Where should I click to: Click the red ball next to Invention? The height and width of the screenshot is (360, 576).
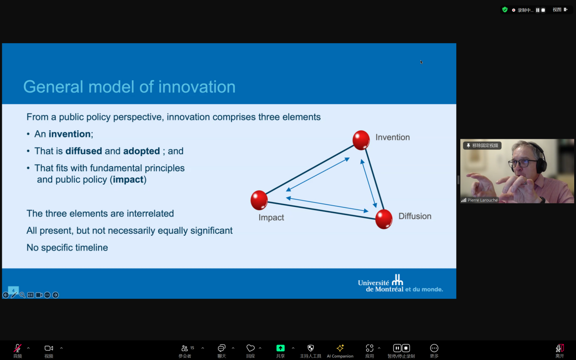point(361,140)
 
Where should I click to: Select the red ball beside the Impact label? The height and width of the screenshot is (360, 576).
point(259,200)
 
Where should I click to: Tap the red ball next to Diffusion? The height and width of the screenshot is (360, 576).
point(384,219)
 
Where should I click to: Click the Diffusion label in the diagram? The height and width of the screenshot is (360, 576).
point(415,216)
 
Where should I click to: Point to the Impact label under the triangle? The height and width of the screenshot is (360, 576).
point(271,217)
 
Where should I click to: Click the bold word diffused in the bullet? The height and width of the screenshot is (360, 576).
point(84,151)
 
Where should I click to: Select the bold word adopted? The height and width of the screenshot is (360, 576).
point(142,151)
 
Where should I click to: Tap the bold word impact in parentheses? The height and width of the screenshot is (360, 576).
point(128,180)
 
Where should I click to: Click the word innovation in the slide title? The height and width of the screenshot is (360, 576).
point(197,87)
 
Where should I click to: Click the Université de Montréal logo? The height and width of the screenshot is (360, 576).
point(400,283)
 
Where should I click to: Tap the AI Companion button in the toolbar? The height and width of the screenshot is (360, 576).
point(340,351)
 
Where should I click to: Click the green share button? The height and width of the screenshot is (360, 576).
point(281,348)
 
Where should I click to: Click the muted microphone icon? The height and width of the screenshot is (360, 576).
point(18,348)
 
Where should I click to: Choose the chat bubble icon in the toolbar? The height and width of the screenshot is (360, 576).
point(222,348)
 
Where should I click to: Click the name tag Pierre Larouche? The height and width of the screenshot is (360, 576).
point(482,200)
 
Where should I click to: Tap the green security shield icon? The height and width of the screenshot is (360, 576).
point(505,10)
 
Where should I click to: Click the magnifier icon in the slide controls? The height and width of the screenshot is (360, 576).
point(22,295)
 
